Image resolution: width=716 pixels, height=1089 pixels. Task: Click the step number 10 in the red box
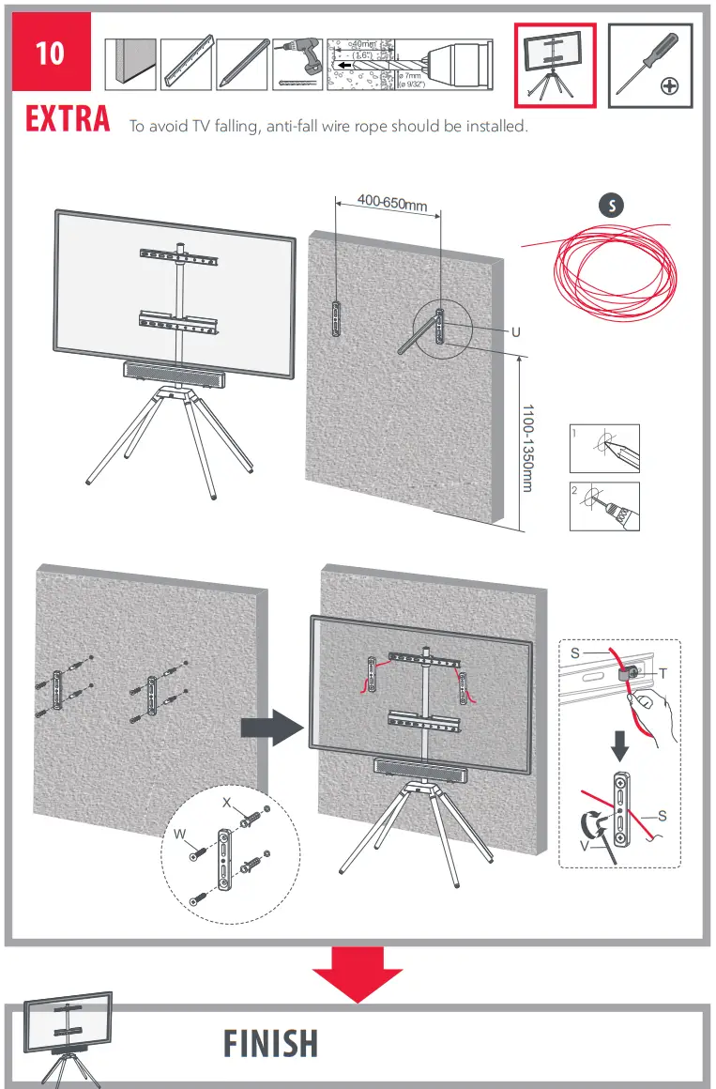click(x=51, y=53)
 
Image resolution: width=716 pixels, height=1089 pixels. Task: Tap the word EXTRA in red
click(x=68, y=121)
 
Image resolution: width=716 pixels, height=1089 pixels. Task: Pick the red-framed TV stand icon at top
click(x=555, y=65)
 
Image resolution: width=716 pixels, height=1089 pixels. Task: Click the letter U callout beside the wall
click(x=515, y=332)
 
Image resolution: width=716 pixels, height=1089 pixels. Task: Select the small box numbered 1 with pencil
click(x=604, y=449)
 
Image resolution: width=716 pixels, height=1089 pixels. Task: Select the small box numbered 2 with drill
click(x=604, y=507)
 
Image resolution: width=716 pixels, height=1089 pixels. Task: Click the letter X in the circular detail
click(x=226, y=804)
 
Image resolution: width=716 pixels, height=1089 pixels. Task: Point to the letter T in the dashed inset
click(x=663, y=673)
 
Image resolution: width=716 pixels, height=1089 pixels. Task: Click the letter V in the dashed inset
click(x=584, y=845)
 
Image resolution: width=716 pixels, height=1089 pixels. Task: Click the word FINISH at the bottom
click(x=271, y=1043)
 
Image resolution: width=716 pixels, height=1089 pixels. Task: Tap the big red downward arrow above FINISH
click(x=357, y=973)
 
